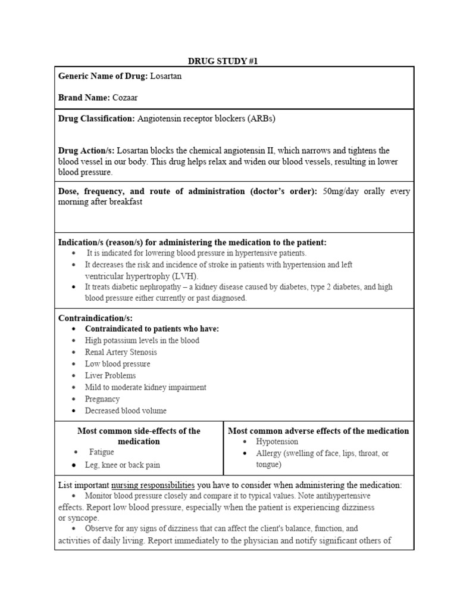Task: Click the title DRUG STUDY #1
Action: pos(224,60)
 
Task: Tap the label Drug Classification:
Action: pos(96,119)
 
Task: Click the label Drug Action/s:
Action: pos(86,151)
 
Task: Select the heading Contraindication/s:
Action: pos(95,318)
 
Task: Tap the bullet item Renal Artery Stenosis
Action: pos(121,352)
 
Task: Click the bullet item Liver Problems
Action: pos(110,375)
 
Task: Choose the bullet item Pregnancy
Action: pos(102,399)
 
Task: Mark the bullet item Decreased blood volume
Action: pos(126,410)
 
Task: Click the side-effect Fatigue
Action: pos(102,453)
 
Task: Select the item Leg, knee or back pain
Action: pos(123,465)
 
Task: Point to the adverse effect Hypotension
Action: pos(277,441)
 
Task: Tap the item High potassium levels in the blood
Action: pos(142,340)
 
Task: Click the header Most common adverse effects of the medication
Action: pos(318,431)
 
